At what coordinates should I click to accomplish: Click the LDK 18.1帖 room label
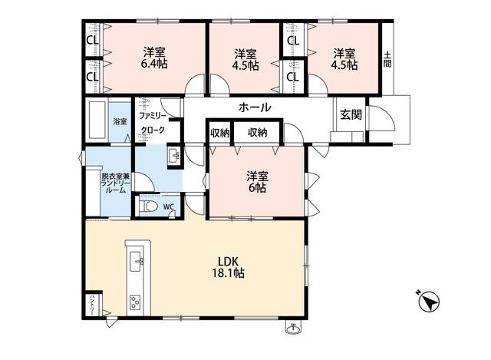[229, 267]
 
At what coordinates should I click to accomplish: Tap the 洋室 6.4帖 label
[154, 58]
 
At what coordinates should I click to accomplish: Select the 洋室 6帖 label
[257, 182]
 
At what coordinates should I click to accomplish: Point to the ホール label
[255, 107]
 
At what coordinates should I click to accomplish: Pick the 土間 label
[387, 60]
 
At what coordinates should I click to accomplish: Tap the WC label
[169, 206]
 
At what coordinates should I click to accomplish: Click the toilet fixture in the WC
[148, 206]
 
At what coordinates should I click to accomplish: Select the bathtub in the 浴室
[97, 119]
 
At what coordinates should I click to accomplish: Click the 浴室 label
[120, 121]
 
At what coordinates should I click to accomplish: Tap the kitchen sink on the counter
[137, 261]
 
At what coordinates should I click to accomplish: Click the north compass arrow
[429, 302]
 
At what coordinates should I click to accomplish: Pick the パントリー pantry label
[92, 305]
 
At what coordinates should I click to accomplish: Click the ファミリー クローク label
[153, 123]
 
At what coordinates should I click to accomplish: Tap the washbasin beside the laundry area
[174, 155]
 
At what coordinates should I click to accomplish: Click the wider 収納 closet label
[258, 133]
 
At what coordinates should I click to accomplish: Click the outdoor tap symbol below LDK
[293, 328]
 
